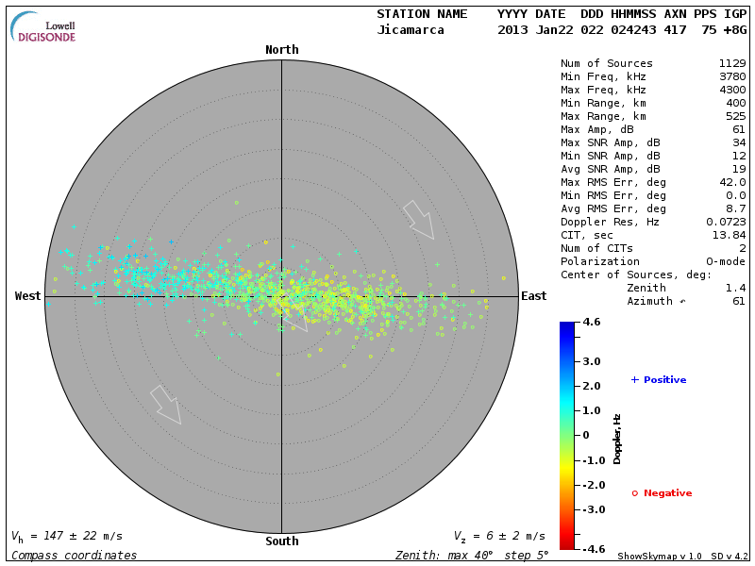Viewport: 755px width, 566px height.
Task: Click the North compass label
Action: (281, 50)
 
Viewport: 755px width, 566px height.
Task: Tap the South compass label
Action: (281, 541)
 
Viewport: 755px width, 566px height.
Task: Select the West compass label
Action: (28, 296)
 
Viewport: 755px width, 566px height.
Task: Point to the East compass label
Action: (533, 296)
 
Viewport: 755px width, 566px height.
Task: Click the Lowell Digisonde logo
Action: (44, 28)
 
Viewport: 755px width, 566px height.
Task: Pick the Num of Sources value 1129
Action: (732, 63)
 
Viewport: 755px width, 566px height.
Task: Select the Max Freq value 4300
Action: (732, 90)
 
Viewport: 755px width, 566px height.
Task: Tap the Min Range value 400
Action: (736, 103)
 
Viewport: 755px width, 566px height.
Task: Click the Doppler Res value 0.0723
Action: (726, 222)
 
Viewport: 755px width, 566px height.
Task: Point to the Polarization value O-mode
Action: (726, 261)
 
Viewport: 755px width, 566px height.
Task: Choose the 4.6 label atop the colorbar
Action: (592, 323)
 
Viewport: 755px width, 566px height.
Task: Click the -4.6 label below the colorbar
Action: (592, 548)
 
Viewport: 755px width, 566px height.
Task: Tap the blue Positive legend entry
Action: (659, 380)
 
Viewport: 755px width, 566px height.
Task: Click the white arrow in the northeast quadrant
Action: (418, 219)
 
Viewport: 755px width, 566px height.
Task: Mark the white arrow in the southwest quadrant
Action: (165, 404)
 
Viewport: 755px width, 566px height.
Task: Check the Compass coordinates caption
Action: (75, 556)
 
